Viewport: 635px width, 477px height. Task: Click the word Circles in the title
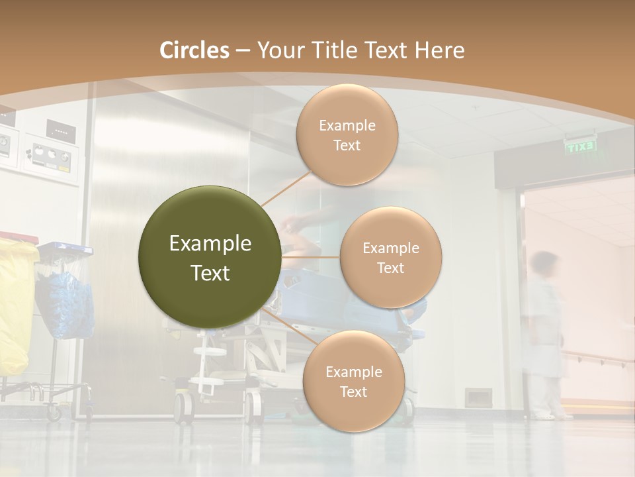tap(194, 50)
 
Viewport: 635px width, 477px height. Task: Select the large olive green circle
tap(209, 257)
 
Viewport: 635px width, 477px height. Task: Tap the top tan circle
tap(347, 134)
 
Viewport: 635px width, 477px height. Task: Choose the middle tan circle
tap(390, 257)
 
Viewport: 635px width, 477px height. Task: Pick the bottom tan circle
tap(353, 381)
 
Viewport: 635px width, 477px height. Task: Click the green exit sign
tap(581, 146)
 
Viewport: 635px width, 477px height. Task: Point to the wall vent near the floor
tap(478, 397)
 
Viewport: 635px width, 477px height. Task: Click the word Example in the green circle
tap(210, 244)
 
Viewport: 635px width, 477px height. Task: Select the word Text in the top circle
tap(347, 145)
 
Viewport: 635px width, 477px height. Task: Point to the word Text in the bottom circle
tap(353, 392)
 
